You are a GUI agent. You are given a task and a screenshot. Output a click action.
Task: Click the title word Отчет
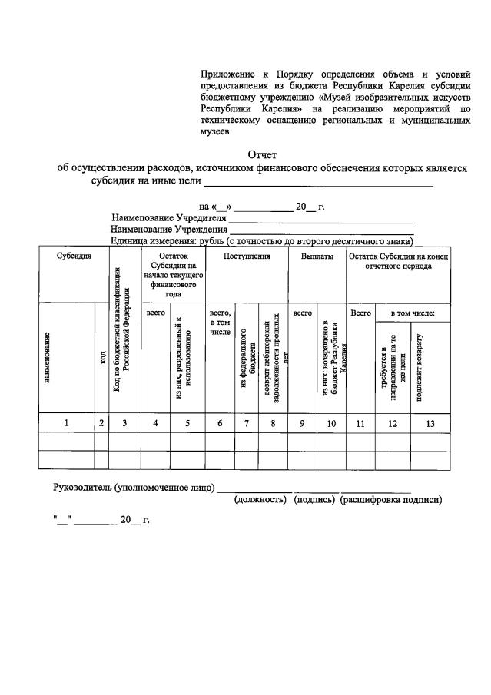click(x=262, y=154)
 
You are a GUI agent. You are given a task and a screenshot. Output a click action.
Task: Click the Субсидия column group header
click(x=74, y=256)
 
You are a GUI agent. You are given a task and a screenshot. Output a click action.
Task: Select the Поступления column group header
click(x=247, y=256)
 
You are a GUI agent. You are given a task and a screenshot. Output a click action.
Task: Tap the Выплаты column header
click(x=317, y=256)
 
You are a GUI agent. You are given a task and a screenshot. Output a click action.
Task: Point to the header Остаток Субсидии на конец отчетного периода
click(x=399, y=261)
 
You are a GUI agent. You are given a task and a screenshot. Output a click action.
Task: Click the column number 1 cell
click(x=66, y=422)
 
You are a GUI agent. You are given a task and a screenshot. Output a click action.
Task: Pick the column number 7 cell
click(x=247, y=422)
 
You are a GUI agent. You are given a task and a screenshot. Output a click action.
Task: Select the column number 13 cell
click(x=430, y=422)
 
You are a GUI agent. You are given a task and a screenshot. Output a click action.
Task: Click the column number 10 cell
click(x=331, y=422)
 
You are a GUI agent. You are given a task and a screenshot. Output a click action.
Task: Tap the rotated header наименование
click(x=48, y=357)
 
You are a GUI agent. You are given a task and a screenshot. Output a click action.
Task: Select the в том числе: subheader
click(x=413, y=313)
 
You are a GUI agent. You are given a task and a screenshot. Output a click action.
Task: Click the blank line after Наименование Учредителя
click(x=321, y=221)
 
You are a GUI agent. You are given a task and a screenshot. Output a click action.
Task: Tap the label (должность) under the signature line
click(x=260, y=499)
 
